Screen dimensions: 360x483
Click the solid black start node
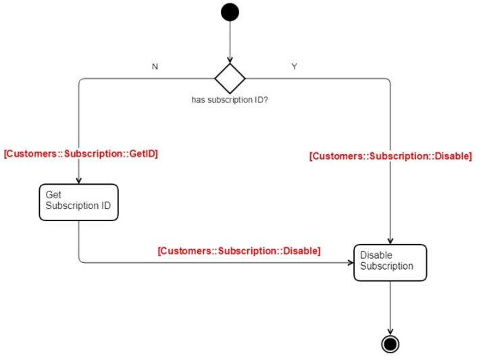[230, 12]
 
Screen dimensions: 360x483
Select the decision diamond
[230, 79]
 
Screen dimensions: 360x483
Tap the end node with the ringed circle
[390, 343]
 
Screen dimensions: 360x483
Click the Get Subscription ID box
[78, 202]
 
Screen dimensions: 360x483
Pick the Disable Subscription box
[390, 262]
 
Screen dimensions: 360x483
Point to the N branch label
[155, 67]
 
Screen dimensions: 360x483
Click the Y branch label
[294, 67]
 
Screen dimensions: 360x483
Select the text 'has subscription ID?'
[230, 100]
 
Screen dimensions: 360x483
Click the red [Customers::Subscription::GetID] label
[80, 154]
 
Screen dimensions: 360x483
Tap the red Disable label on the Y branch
[390, 156]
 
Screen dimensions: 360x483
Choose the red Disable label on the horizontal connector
[239, 250]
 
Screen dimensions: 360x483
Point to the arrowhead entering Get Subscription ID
[79, 181]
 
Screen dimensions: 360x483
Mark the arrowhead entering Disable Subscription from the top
[390, 241]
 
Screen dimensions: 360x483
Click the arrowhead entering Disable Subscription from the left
[350, 262]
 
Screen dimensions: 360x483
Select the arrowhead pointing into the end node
[390, 330]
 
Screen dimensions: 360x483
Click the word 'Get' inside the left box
[53, 195]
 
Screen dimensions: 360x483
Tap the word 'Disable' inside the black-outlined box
[376, 256]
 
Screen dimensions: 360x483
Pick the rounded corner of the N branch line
[81, 81]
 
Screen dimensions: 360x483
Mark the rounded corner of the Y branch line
[388, 81]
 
